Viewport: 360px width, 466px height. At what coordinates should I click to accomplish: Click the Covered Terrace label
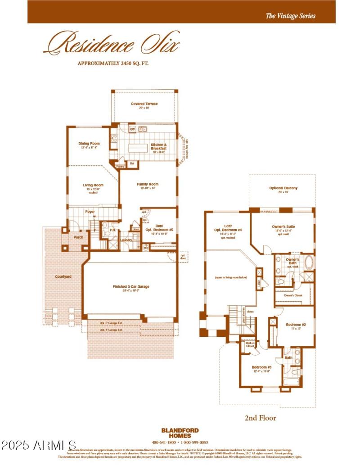pyautogui.click(x=144, y=104)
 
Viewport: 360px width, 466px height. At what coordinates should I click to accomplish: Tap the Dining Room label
pyautogui.click(x=89, y=144)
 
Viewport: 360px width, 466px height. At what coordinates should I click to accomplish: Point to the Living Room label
pyautogui.click(x=93, y=185)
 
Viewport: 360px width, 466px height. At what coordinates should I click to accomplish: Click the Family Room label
pyautogui.click(x=148, y=184)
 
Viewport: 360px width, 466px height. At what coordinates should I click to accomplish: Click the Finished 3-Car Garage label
pyautogui.click(x=130, y=287)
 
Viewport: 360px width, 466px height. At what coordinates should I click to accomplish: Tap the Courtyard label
pyautogui.click(x=63, y=276)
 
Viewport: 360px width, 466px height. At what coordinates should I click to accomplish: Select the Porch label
pyautogui.click(x=78, y=237)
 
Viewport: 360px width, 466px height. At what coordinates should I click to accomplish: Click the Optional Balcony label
pyautogui.click(x=283, y=188)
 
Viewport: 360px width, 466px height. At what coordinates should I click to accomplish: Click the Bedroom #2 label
pyautogui.click(x=296, y=325)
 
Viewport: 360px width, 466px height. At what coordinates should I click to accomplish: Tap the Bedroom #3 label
pyautogui.click(x=261, y=367)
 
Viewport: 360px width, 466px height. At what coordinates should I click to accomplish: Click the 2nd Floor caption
pyautogui.click(x=260, y=418)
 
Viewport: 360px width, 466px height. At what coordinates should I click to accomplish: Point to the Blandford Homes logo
pyautogui.click(x=180, y=433)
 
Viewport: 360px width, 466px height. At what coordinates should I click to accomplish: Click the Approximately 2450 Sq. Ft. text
pyautogui.click(x=113, y=63)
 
